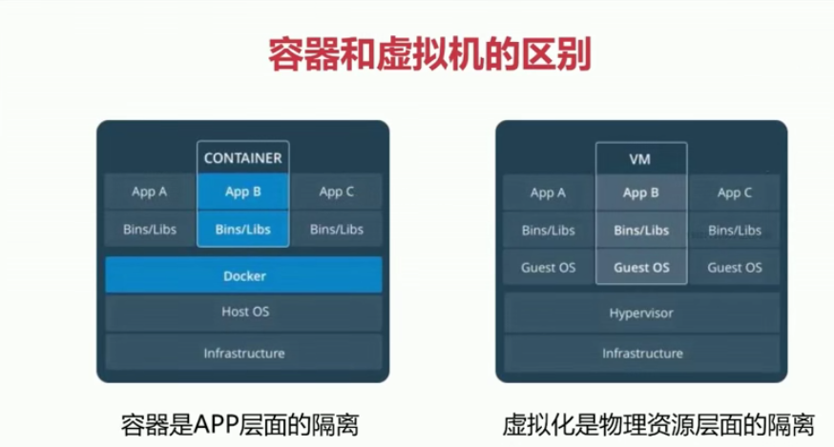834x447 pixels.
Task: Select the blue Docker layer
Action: (243, 276)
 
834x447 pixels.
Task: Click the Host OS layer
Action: (243, 312)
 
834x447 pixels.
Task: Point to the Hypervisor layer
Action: (641, 312)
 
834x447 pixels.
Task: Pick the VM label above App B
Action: (641, 158)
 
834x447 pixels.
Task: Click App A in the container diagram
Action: (150, 193)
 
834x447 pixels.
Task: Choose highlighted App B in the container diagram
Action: (243, 193)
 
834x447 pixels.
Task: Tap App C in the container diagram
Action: (337, 193)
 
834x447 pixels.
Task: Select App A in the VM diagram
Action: (548, 193)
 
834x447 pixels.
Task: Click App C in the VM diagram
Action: (735, 193)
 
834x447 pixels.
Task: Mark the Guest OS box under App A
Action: (548, 268)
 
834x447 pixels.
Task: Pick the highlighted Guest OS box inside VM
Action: (641, 268)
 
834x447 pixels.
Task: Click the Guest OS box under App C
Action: (735, 268)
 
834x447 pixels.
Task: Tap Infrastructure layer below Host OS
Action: (243, 354)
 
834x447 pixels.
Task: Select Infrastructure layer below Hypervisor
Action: (641, 354)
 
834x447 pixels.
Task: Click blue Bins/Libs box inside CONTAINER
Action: (243, 230)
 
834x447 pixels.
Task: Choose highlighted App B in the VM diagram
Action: (641, 193)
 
